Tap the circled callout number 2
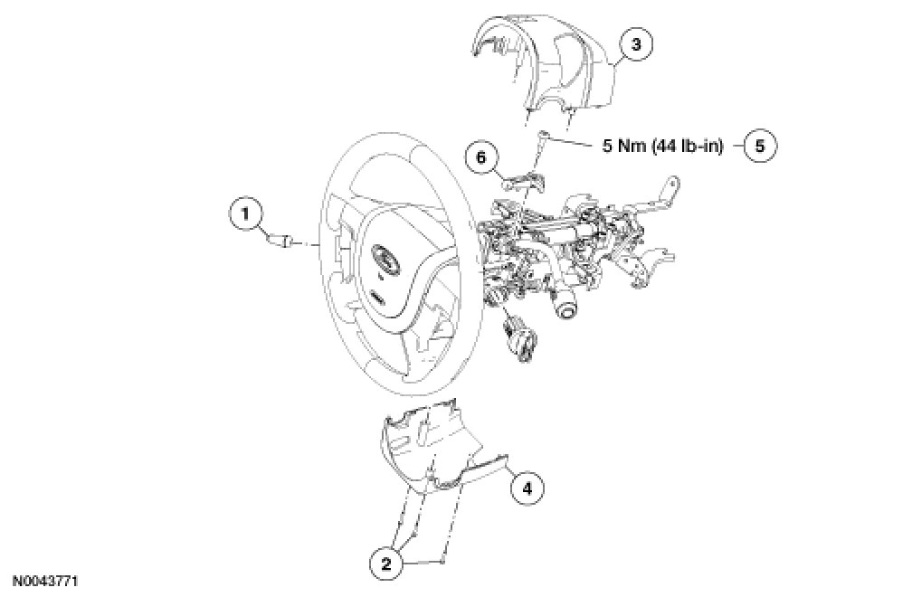385,563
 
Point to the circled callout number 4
527,488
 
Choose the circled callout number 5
761,145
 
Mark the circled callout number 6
481,157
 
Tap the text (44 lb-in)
688,145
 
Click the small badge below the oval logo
378,297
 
